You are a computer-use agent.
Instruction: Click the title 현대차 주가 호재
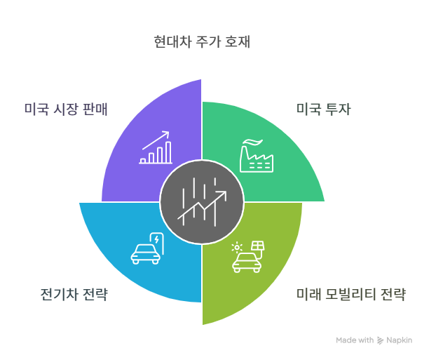pos(202,41)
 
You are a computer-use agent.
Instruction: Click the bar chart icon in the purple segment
pos(156,147)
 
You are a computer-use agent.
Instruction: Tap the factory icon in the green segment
pos(257,154)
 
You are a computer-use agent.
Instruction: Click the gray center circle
pos(202,202)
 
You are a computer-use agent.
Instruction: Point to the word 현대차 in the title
pos(169,41)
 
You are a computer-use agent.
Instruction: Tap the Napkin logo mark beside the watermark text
pos(381,340)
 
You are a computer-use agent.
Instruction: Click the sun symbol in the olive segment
pos(238,247)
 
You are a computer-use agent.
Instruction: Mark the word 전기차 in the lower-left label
pos(57,293)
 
